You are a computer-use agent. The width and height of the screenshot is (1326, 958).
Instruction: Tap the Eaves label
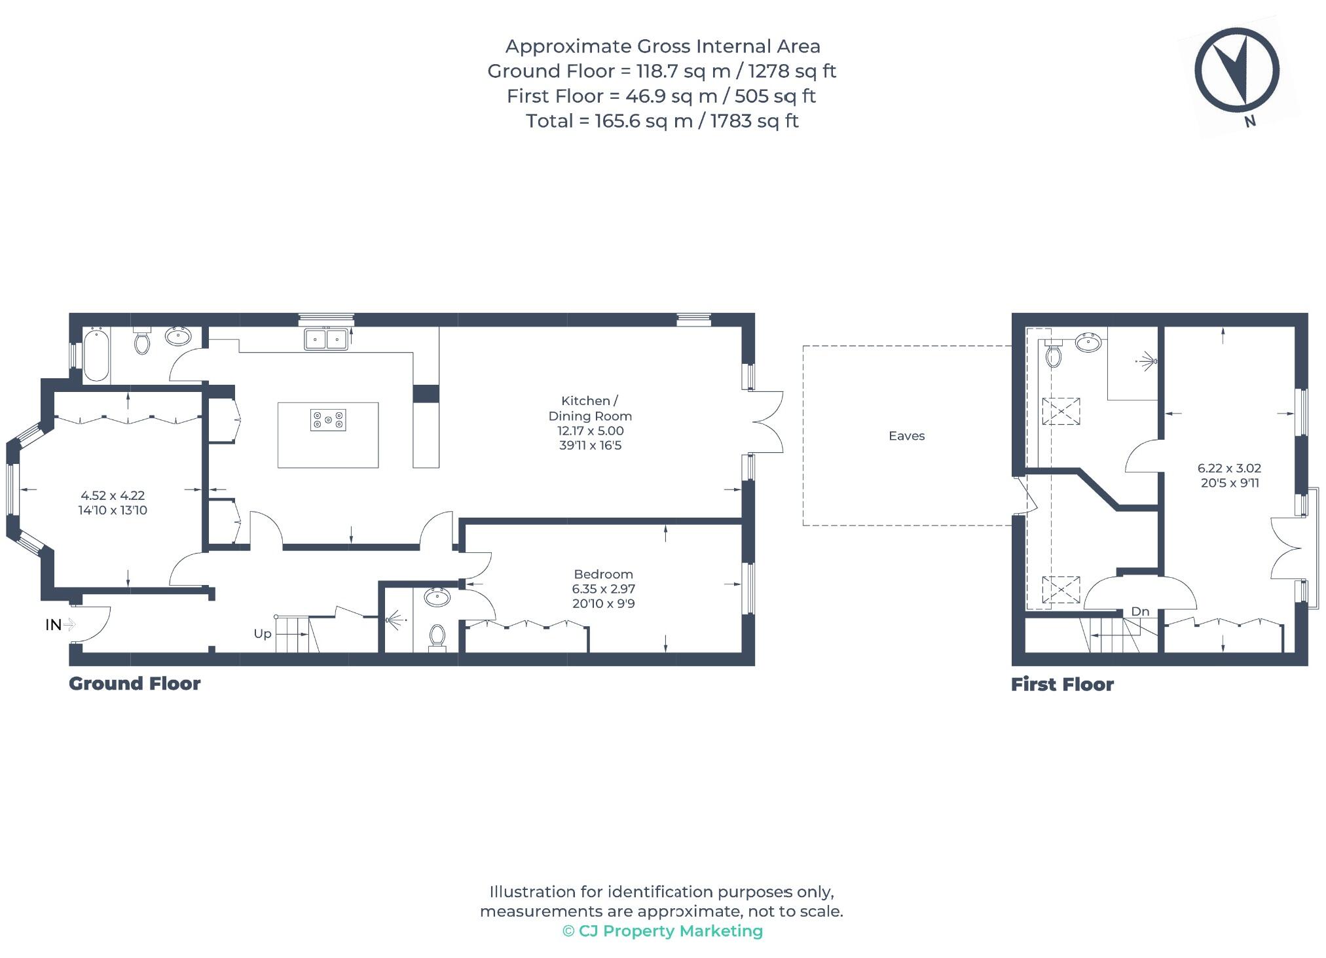(x=906, y=436)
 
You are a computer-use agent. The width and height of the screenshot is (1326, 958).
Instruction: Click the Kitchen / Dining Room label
(x=589, y=408)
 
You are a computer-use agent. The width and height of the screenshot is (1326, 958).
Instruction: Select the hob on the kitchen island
(x=328, y=419)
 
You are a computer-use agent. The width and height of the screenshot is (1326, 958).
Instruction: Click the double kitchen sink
(x=326, y=339)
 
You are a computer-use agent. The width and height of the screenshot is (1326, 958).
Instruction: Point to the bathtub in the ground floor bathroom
(x=96, y=355)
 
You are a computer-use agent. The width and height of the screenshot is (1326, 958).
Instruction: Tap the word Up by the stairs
(x=262, y=633)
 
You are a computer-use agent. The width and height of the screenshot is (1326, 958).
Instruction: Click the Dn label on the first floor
(x=1140, y=611)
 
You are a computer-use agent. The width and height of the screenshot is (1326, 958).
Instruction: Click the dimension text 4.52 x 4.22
(x=113, y=496)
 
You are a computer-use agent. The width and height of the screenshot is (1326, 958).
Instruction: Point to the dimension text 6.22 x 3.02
(x=1229, y=469)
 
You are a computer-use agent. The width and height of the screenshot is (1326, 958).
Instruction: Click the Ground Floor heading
(x=135, y=684)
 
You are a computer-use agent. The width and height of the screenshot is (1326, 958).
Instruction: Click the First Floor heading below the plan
(x=1062, y=684)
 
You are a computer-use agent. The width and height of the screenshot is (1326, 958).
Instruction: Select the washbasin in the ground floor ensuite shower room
(x=437, y=597)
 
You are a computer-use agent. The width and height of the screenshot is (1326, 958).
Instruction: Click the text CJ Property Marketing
(x=670, y=931)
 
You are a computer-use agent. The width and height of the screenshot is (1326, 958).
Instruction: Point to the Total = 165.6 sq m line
(x=662, y=121)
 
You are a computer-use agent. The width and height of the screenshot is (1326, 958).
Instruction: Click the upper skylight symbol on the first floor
(x=1061, y=412)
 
